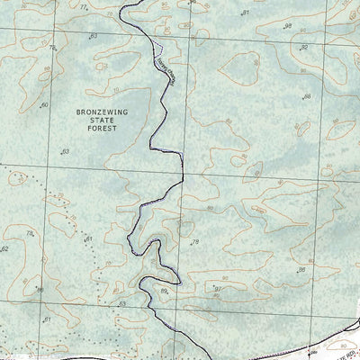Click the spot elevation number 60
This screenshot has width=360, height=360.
44,105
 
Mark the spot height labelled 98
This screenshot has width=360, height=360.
287,26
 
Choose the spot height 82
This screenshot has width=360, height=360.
303,46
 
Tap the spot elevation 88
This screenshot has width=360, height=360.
306,96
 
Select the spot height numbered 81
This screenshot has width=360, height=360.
245,13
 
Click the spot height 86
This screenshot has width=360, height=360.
302,269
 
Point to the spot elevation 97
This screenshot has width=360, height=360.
218,288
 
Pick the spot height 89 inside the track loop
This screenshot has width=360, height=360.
164,291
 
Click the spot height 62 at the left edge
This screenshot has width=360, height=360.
4,248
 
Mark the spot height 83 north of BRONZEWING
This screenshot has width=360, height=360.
93,36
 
